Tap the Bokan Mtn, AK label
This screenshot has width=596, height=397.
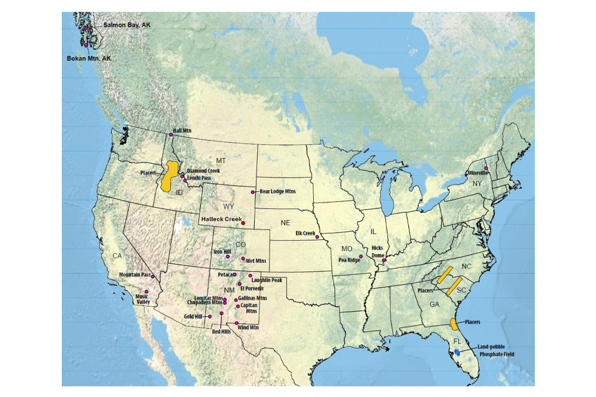[89, 58]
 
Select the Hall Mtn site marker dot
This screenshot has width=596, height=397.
[170, 135]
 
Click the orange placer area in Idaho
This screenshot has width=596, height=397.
[167, 178]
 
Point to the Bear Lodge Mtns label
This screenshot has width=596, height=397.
[278, 191]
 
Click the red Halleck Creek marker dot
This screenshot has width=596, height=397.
[243, 223]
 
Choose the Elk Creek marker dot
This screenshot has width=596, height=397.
[317, 237]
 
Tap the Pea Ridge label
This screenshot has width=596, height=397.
[349, 260]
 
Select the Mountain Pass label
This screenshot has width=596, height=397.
[134, 274]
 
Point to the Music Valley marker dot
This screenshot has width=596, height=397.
[147, 292]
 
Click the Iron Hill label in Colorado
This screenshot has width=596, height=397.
[222, 252]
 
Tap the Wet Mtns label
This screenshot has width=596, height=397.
[256, 261]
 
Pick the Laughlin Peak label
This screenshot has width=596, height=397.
[268, 280]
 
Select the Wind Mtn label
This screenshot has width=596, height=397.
[248, 327]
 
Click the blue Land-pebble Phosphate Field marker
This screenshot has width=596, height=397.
[457, 352]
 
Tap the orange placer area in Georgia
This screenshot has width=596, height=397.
[454, 323]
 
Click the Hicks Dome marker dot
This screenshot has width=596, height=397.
[384, 261]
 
